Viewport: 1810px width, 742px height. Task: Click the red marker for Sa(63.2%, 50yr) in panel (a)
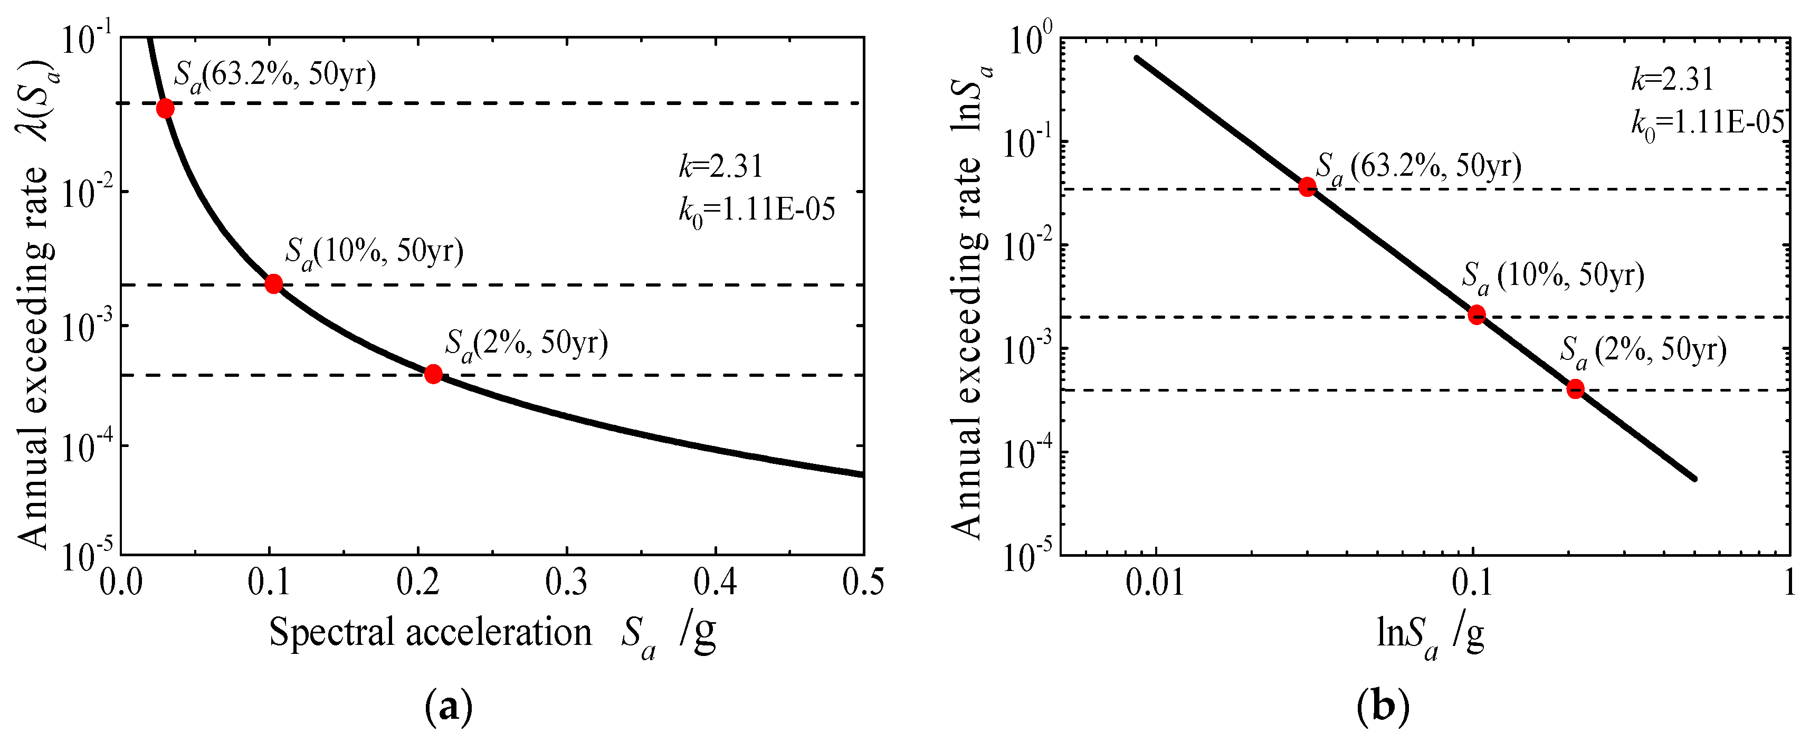tap(165, 108)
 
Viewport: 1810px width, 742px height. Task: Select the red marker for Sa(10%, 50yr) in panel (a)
tap(274, 284)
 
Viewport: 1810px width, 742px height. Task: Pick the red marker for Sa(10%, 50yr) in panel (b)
tap(1477, 314)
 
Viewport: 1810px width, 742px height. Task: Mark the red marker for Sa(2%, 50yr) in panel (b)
tap(1575, 388)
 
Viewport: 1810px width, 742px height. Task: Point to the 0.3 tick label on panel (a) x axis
tap(566, 583)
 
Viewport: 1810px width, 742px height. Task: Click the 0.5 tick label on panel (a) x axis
tap(863, 583)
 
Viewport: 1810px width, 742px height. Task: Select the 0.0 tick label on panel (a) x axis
tap(121, 583)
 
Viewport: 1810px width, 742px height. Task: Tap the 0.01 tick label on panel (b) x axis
tap(1155, 583)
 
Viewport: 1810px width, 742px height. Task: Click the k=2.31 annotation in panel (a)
tap(720, 167)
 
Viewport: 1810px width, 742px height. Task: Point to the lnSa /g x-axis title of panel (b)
tap(1431, 634)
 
